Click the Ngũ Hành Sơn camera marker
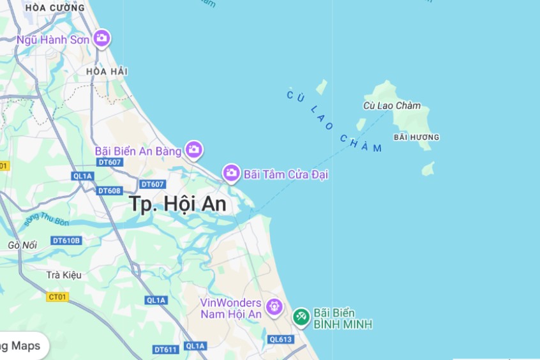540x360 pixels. click(x=101, y=39)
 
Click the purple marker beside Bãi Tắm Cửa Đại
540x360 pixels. click(x=231, y=173)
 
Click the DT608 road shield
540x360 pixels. click(x=109, y=190)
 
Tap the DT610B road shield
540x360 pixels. click(x=66, y=240)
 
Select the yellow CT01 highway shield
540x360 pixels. click(x=57, y=296)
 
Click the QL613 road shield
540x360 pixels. click(x=280, y=339)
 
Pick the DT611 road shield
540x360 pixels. click(x=166, y=349)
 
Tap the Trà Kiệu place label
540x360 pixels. click(x=64, y=275)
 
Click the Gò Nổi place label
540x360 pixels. click(x=22, y=245)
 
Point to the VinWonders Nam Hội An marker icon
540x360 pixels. click(x=274, y=307)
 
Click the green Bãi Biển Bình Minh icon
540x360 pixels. click(x=301, y=316)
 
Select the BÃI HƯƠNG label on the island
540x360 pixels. click(x=416, y=137)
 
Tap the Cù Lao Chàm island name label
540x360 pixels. click(x=392, y=105)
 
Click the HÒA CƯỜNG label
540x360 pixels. click(x=55, y=8)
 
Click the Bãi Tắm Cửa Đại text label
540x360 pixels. click(x=286, y=174)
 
